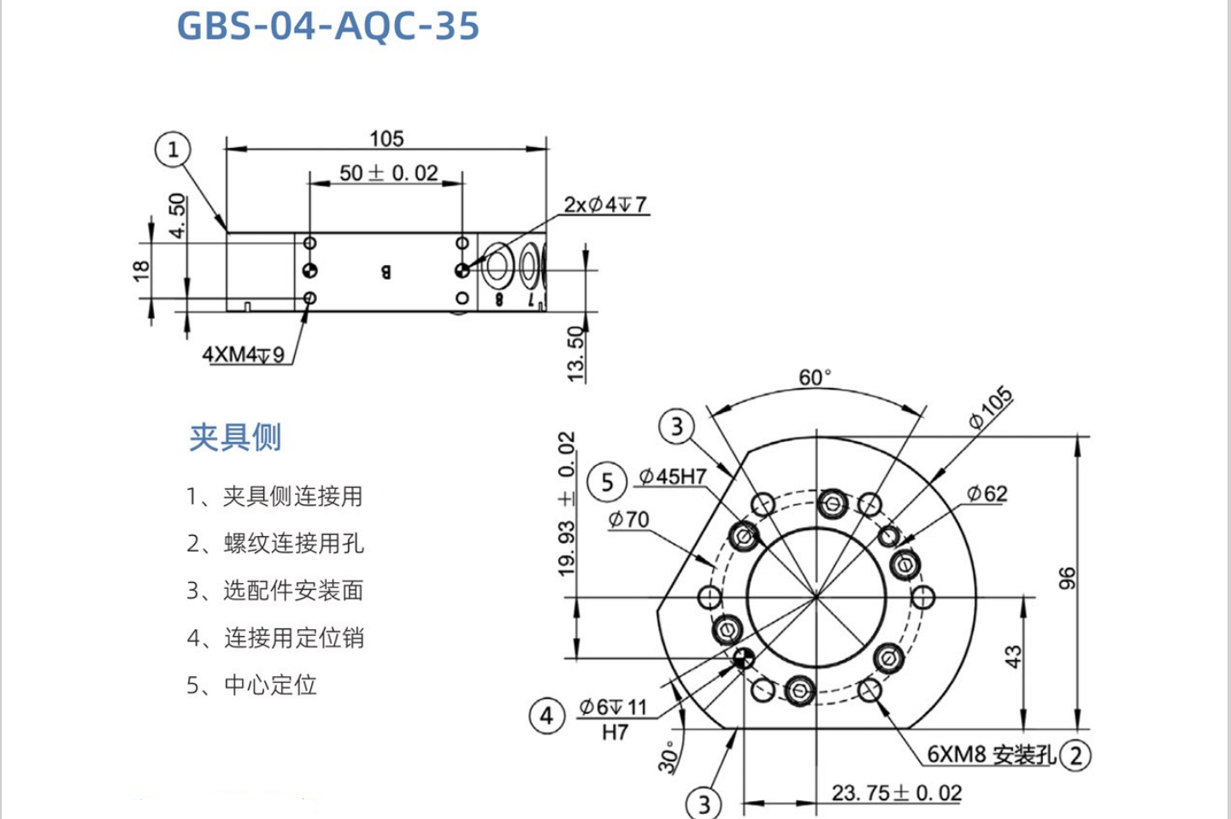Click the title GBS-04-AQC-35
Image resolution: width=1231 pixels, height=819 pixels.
coord(327,26)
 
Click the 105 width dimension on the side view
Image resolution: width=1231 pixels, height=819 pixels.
coord(386,138)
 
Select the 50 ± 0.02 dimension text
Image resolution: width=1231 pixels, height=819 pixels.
coord(388,173)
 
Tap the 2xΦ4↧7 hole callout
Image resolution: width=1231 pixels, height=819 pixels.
coord(605,205)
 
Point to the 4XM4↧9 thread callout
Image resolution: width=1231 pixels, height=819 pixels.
coord(244,354)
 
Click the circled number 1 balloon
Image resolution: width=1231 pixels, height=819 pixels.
coord(173,150)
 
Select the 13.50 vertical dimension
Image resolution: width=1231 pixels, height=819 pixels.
coord(576,354)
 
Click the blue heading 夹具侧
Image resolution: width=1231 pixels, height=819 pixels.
coord(235,437)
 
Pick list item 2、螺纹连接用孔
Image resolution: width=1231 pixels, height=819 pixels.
coord(275,544)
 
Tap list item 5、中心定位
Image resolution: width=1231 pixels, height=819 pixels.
coord(252,685)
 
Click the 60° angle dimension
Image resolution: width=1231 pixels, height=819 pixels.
coord(814,377)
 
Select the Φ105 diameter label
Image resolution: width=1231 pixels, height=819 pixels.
coord(991,408)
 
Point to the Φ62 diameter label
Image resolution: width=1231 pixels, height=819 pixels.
coord(987,494)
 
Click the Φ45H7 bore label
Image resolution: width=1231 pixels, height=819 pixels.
coord(673,476)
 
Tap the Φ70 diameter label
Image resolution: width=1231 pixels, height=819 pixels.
coord(628,520)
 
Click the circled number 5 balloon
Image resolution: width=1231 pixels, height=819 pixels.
coord(607,482)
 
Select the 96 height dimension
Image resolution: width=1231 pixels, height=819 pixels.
coord(1067,578)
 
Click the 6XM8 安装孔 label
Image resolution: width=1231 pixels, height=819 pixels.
coord(991,754)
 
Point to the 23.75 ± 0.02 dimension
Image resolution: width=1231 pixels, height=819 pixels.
coord(897,793)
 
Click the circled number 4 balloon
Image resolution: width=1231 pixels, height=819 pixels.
coord(547,716)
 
